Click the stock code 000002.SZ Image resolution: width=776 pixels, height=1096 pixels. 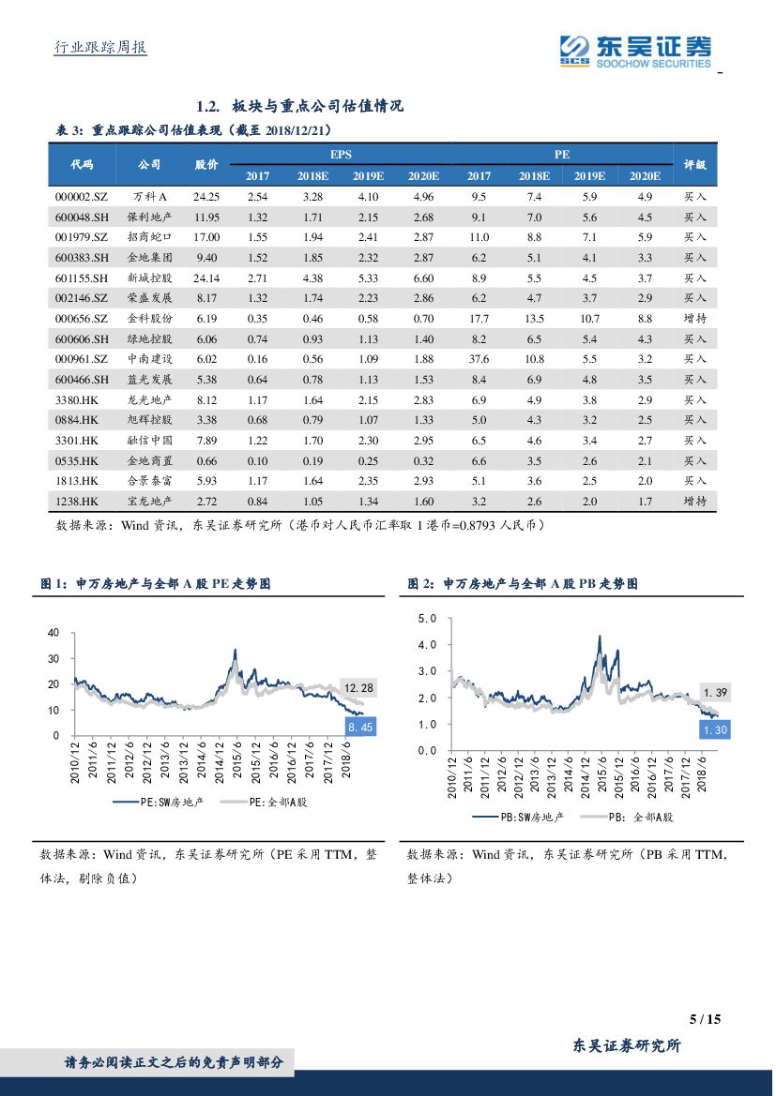point(83,196)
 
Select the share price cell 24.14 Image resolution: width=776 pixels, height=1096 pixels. point(206,278)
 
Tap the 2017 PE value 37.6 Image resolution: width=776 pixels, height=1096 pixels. point(479,359)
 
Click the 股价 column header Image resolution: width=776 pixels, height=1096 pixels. point(206,164)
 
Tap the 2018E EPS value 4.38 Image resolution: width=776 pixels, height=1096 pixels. point(312,278)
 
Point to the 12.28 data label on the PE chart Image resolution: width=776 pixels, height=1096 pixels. point(358,688)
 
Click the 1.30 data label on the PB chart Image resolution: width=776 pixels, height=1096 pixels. point(715,729)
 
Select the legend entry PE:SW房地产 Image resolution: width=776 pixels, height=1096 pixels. point(157,803)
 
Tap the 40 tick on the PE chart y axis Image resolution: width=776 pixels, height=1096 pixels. point(53,633)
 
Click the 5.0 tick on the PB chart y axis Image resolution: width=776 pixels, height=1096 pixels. point(428,619)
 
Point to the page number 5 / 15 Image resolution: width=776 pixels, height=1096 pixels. point(705,1019)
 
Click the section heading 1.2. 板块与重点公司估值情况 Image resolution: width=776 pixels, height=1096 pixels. point(300,106)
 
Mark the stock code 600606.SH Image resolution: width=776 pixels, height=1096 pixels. point(83,338)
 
